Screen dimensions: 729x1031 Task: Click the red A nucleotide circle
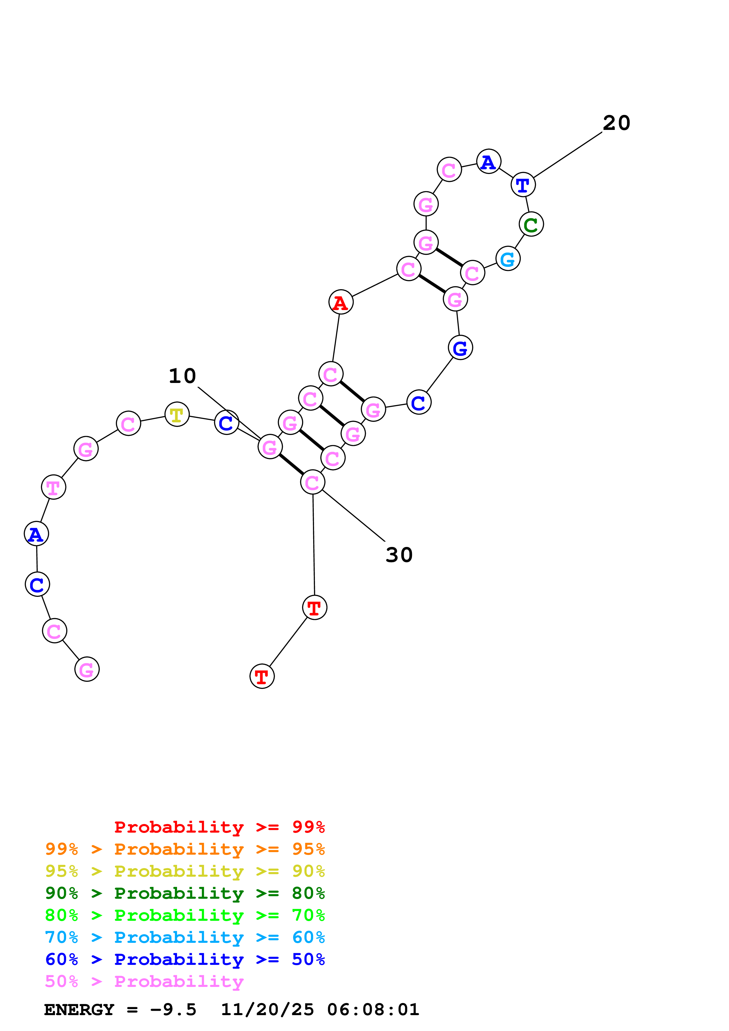coord(341,302)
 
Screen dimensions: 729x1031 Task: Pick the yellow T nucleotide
coord(177,414)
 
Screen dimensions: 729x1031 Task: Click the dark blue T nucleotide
coord(523,185)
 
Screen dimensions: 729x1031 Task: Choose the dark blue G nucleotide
coord(461,348)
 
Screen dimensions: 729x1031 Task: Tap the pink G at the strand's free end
coord(87,669)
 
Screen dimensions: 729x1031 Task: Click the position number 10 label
coord(182,376)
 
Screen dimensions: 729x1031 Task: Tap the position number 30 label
coord(399,555)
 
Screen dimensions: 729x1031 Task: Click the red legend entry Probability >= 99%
coord(219,827)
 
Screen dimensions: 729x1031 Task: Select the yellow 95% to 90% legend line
coord(185,871)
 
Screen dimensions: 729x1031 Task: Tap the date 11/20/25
coord(267,1010)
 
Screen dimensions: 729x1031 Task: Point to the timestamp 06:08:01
coord(373,1010)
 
